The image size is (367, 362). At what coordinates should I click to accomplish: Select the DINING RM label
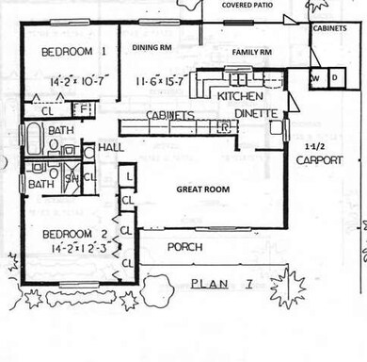(152, 45)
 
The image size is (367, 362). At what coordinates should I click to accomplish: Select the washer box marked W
(317, 78)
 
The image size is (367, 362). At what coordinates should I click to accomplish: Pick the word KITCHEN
(239, 96)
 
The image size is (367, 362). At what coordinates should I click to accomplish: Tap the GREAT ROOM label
(204, 189)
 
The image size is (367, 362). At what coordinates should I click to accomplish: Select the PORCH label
(185, 247)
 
